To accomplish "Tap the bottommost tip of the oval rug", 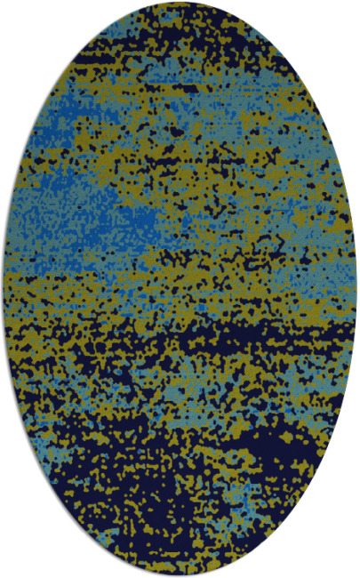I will click(x=180, y=574).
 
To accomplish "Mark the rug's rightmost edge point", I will click(x=356, y=289).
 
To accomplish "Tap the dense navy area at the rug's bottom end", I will click(x=178, y=542).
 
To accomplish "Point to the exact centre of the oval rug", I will click(x=180, y=289).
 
